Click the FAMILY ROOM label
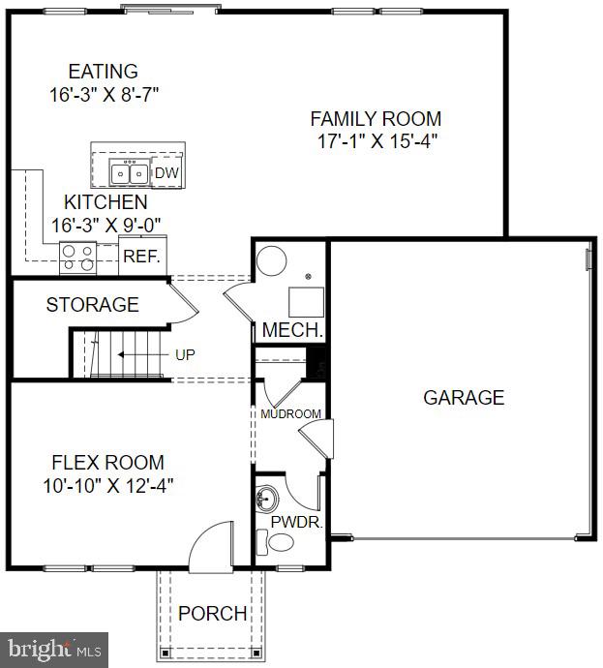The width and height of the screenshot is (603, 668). [376, 119]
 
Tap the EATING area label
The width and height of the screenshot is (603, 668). [103, 72]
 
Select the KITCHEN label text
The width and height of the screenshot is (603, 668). [106, 202]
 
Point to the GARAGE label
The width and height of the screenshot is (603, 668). [463, 397]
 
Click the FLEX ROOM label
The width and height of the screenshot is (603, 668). [107, 462]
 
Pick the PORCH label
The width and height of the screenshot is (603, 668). [212, 614]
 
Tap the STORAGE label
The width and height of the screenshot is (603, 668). [92, 305]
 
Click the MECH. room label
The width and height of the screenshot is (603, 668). [292, 330]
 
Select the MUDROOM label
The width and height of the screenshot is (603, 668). [290, 414]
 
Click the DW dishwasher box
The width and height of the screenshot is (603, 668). [166, 173]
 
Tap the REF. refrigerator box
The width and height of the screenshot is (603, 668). [142, 258]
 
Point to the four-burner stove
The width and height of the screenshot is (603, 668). [79, 257]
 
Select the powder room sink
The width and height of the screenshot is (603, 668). [266, 501]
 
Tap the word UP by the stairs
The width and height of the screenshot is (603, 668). [185, 354]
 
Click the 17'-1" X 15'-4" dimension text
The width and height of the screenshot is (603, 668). [376, 141]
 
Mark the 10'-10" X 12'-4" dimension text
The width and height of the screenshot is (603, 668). [107, 484]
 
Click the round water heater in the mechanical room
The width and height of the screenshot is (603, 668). [272, 261]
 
